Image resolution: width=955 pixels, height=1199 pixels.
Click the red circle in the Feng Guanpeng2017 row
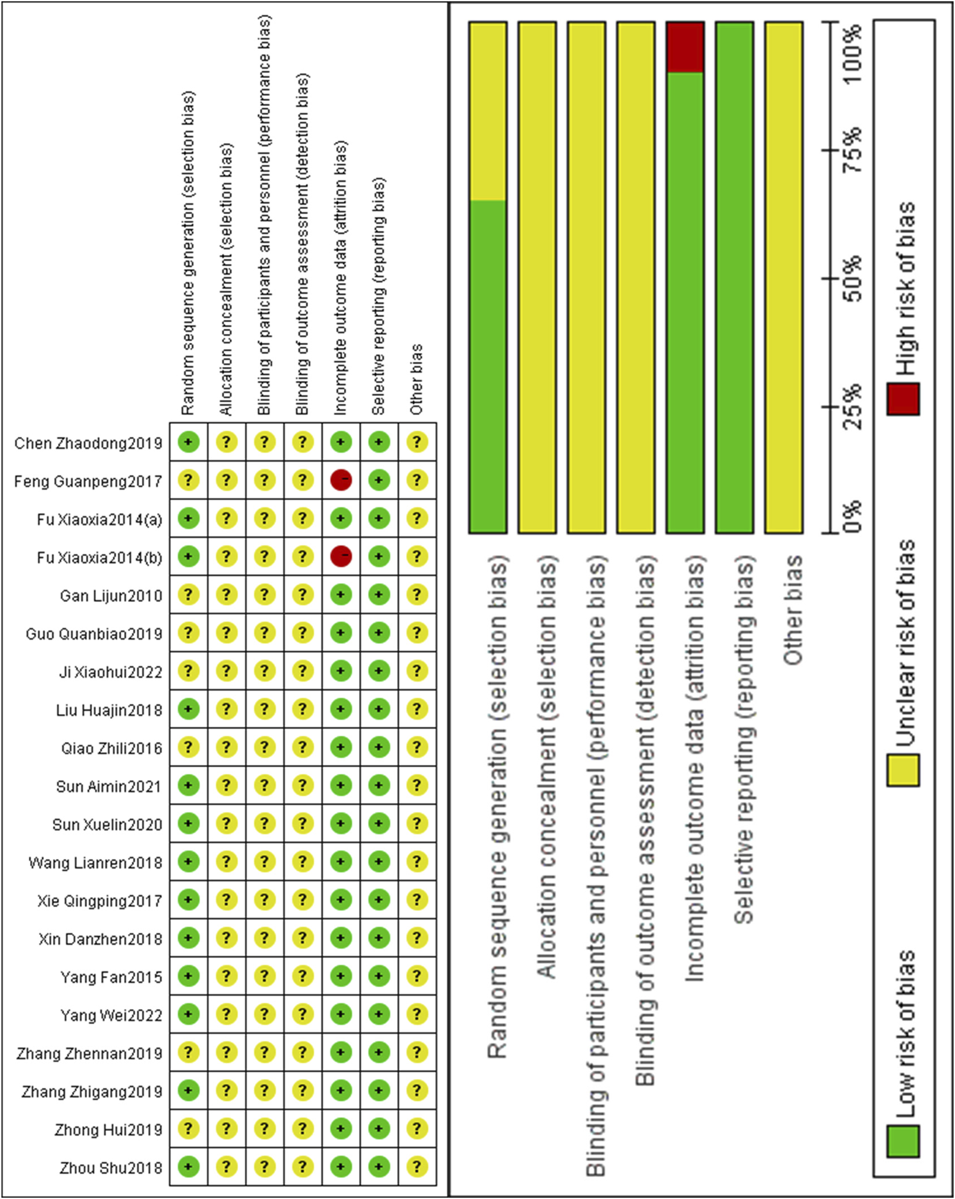341,480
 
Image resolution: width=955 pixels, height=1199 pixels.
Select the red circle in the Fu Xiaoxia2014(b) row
341,556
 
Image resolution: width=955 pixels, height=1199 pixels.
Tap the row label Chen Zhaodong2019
88,443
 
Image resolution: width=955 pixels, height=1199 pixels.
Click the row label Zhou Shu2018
110,1168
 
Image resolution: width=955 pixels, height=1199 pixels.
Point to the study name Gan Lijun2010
110,596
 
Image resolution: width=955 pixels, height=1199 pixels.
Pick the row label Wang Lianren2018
95,863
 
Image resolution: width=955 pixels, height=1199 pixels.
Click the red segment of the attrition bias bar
685,47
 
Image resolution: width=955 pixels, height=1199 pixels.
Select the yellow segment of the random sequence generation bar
488,111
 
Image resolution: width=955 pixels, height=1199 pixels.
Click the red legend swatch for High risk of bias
903,399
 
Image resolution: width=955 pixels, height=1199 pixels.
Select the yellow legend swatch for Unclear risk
903,770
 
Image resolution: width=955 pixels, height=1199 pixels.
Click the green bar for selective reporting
735,278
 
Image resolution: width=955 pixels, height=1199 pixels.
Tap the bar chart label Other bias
793,610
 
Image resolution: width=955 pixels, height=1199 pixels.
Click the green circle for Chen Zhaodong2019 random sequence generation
189,442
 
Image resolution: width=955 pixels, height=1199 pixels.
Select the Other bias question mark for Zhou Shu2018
417,1166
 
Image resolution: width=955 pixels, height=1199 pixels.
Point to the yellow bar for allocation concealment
537,278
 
